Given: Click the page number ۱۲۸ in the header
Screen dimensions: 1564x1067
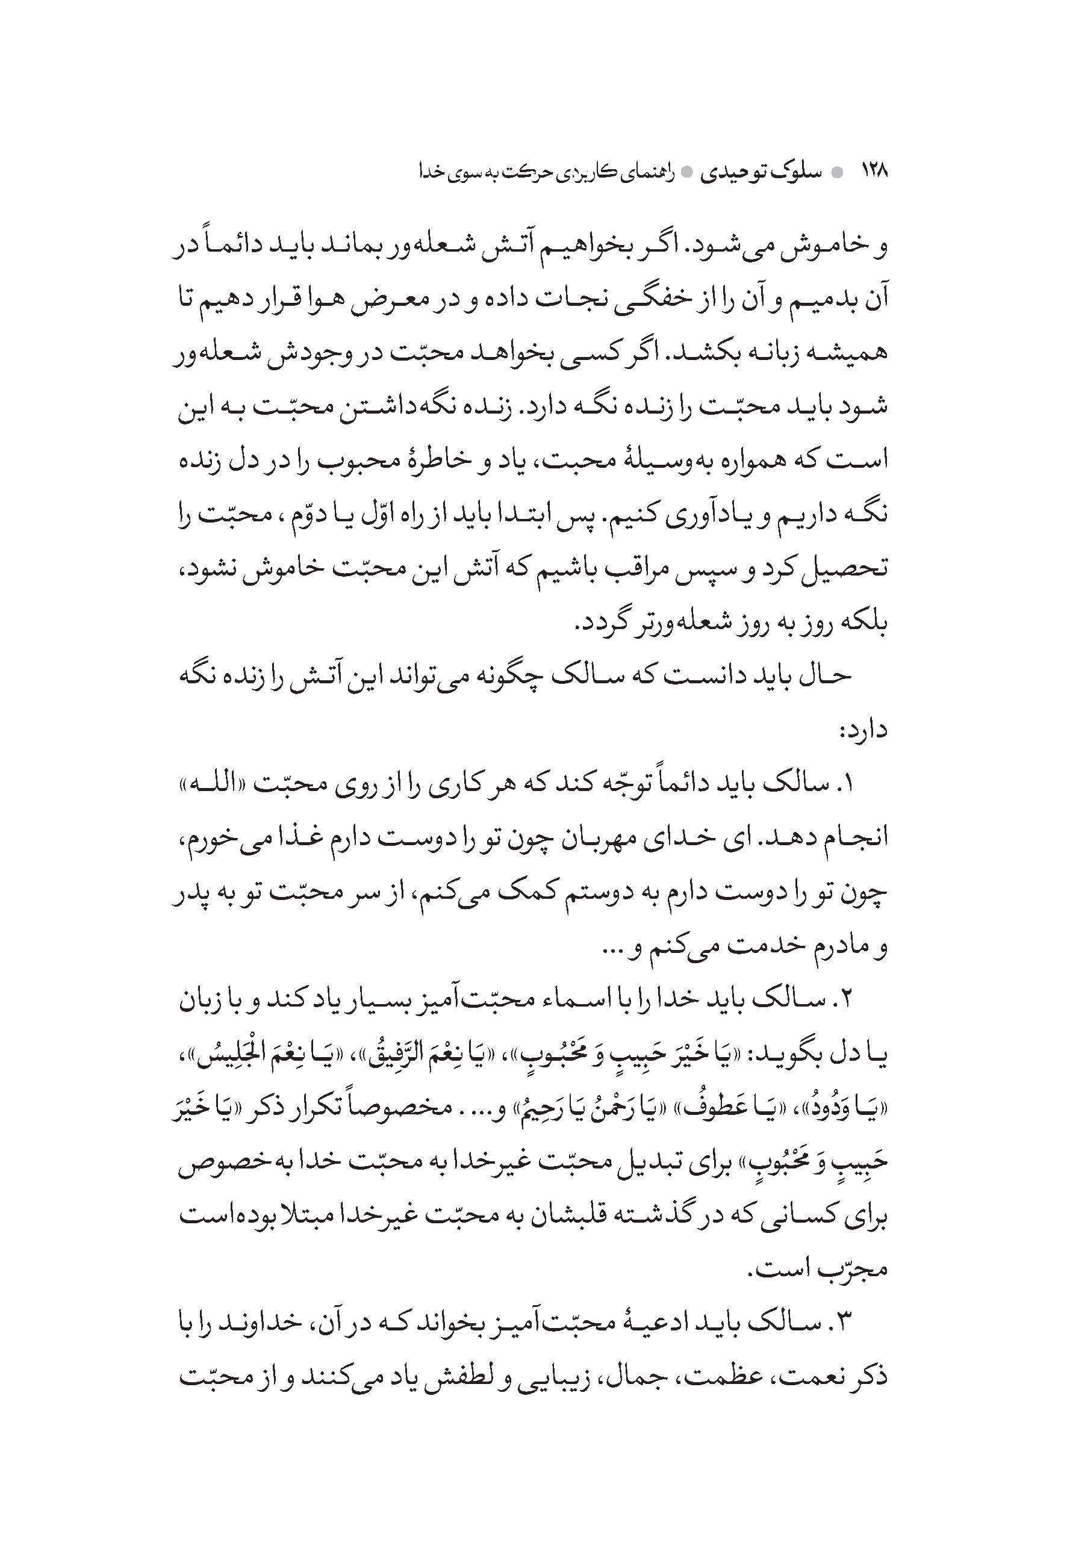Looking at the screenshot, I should (874, 172).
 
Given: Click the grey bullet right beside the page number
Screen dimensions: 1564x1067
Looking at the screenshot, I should (837, 173).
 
